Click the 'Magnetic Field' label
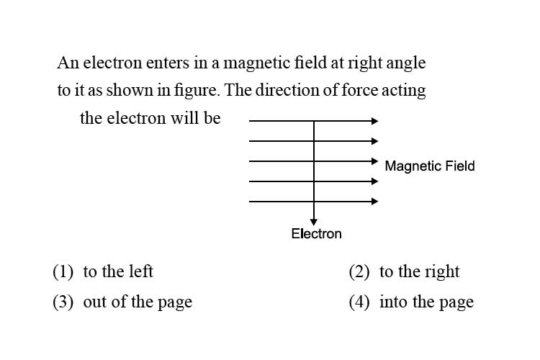coord(429,166)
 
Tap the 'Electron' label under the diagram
coord(316,233)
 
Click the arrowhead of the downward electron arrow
coord(314,222)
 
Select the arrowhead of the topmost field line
coord(374,121)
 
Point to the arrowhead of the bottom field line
coord(374,201)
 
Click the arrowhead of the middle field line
coord(374,161)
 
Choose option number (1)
coord(63,271)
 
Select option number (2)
coord(359,271)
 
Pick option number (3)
coord(63,302)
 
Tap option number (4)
coord(359,302)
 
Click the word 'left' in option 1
coord(141,271)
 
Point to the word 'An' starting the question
coord(65,63)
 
